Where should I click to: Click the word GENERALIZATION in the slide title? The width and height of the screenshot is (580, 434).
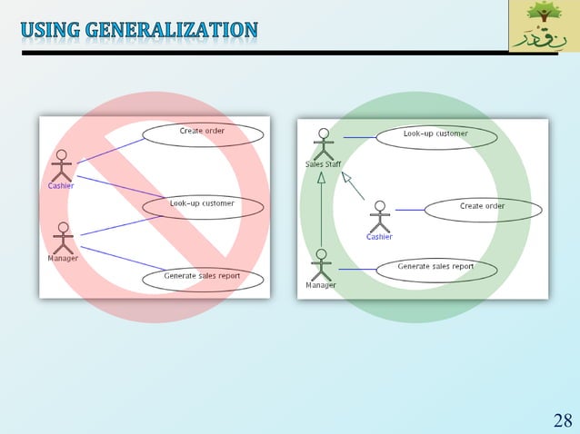point(172,30)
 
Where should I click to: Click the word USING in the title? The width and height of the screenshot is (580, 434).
point(50,30)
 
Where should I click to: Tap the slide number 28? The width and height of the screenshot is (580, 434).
point(563,419)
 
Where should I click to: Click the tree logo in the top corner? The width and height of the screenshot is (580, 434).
point(543,25)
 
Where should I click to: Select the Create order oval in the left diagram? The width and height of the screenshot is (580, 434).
point(202,133)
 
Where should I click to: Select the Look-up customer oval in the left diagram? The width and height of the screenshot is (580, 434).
point(202,206)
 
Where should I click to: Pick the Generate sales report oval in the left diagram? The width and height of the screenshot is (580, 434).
point(202,278)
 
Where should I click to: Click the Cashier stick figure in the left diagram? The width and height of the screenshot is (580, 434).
point(61,164)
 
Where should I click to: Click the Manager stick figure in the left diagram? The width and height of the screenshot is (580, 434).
point(63,238)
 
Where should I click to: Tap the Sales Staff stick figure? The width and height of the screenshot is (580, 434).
point(322,143)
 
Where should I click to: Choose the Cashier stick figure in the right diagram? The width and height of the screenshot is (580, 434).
point(379,216)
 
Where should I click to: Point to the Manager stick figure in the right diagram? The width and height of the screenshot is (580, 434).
point(321,264)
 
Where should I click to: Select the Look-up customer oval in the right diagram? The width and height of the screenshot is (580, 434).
point(436,137)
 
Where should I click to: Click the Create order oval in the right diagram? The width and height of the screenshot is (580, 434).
point(483,209)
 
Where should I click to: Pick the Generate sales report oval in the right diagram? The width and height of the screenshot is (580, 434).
point(436,270)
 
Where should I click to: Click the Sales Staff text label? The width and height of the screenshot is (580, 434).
point(322,164)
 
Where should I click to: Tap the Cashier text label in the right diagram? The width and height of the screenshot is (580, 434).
point(379,237)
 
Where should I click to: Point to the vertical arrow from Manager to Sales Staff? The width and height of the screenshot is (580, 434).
point(321,213)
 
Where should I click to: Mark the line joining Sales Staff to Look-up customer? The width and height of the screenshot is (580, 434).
point(358,137)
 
